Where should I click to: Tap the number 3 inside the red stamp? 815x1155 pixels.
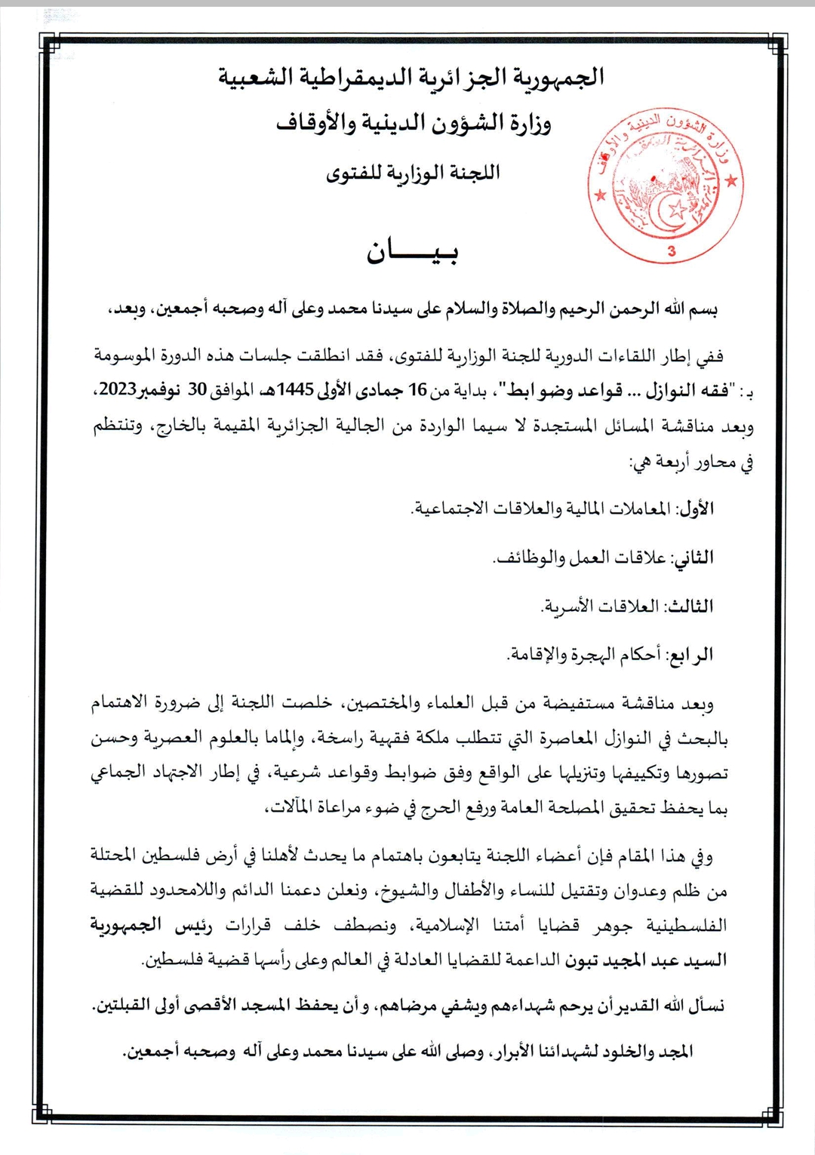point(672,252)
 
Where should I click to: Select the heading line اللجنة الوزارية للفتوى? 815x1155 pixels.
point(413,173)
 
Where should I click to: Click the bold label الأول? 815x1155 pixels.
point(697,508)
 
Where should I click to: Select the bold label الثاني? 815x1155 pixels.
point(693,558)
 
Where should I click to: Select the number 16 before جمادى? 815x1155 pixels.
point(417,390)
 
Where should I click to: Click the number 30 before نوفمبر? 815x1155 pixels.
point(197,390)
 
